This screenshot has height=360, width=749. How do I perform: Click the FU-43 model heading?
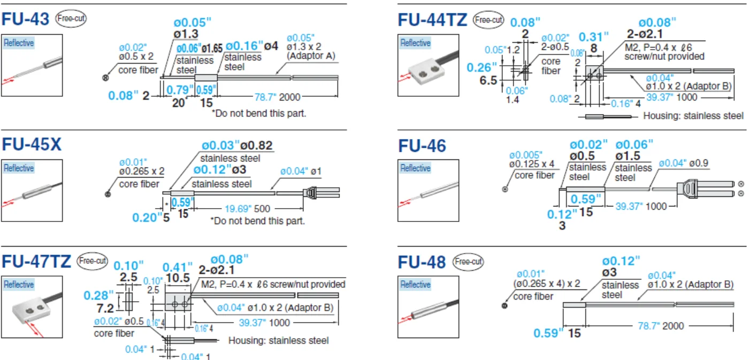(26, 19)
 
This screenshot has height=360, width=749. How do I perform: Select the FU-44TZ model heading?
(432, 19)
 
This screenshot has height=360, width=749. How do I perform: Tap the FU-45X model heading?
(32, 144)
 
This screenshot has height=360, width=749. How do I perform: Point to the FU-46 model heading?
(422, 145)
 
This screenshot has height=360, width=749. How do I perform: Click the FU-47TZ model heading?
(36, 262)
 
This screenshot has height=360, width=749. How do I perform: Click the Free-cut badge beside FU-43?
(71, 18)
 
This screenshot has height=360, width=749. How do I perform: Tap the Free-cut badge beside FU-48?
(468, 262)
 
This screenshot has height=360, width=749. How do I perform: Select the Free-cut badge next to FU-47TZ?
(92, 261)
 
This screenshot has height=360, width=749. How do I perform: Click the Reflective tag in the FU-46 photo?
(416, 168)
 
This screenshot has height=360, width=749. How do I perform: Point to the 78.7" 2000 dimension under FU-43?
(278, 97)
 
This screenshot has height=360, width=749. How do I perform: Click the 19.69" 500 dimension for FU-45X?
(247, 209)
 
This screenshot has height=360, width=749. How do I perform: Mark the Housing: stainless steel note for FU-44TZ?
(693, 116)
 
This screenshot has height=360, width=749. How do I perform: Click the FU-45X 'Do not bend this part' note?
(257, 221)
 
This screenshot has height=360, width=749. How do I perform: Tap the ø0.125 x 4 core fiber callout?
(532, 164)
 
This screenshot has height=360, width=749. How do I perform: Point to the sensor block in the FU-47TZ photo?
(32, 311)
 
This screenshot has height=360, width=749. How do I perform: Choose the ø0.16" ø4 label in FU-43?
(252, 46)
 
